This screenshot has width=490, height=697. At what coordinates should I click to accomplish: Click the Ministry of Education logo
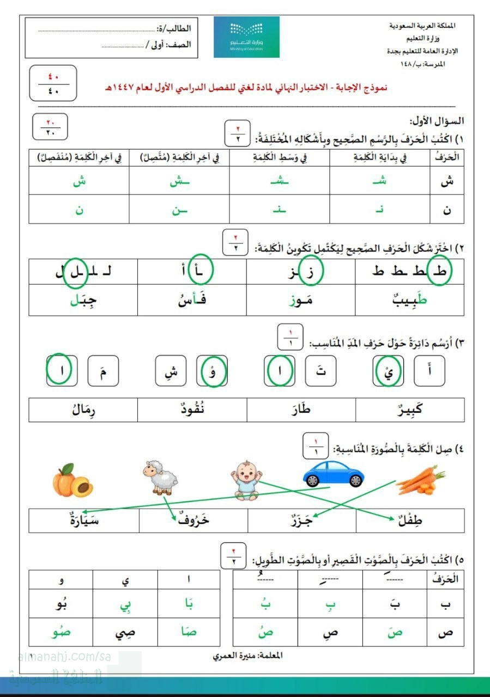pos(246,36)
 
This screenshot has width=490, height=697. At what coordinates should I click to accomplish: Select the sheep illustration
pos(161,478)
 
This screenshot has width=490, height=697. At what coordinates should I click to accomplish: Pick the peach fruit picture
pos(72,480)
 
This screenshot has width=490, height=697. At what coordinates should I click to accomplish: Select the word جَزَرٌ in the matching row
pos(301,521)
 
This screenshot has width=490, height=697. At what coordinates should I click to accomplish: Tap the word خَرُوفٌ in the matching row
pos(193,521)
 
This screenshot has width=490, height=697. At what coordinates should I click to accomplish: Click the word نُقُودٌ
pos(192,409)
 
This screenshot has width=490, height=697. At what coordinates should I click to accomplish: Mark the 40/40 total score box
pos(53,83)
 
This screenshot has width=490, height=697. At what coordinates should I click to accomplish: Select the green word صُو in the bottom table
pos(61,632)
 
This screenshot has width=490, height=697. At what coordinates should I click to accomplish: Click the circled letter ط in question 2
pos(440,270)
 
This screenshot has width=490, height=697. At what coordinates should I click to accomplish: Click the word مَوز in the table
pos(301,301)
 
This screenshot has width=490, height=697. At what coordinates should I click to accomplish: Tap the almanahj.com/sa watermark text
pos(59,657)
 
